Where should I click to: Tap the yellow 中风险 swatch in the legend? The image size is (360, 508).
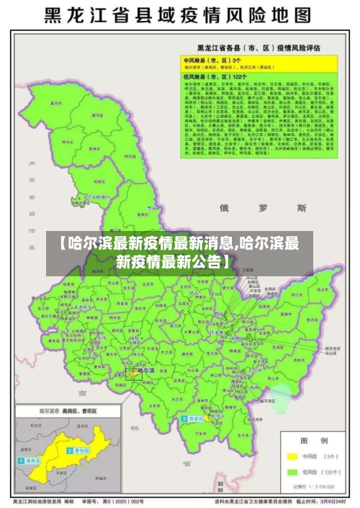(292, 455)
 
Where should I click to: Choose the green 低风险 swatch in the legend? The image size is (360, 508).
(292, 472)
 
